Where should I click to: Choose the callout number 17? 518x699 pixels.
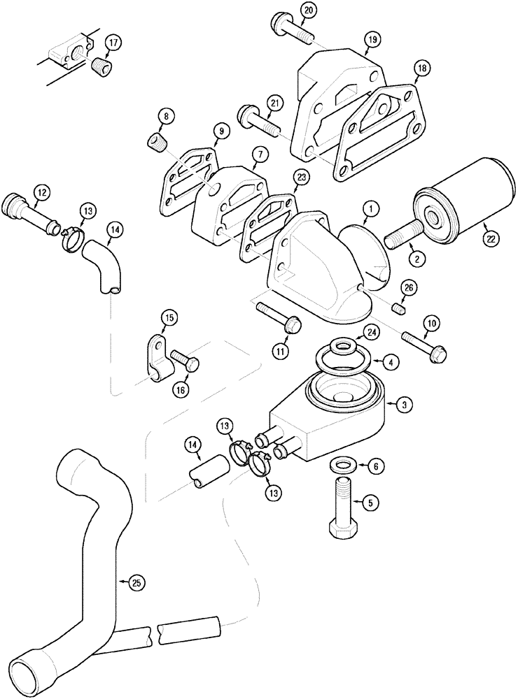(113, 43)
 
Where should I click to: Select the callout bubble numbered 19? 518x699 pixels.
(371, 40)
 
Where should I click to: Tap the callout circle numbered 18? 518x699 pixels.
(421, 68)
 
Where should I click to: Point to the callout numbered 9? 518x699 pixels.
(219, 129)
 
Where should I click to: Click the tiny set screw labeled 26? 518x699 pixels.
(402, 308)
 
